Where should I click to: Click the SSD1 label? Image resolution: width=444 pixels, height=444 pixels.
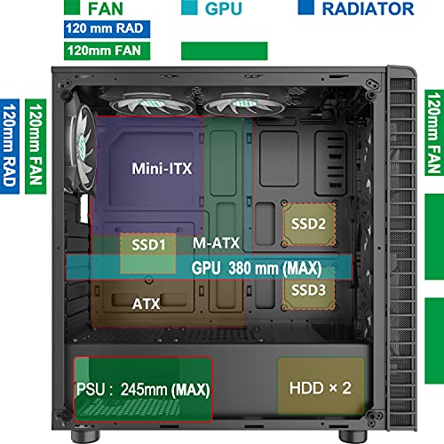pyautogui.click(x=148, y=245)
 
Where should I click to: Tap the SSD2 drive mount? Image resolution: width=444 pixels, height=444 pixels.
pyautogui.click(x=310, y=224)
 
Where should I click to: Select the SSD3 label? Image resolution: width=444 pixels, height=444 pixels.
pyautogui.click(x=308, y=290)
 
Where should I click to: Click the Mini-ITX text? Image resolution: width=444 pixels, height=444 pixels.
pyautogui.click(x=162, y=169)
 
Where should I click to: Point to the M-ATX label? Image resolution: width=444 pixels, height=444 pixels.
pyautogui.click(x=216, y=243)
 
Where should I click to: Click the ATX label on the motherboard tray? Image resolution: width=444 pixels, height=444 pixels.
pyautogui.click(x=147, y=304)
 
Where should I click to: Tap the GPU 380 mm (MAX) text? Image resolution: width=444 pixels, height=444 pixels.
pyautogui.click(x=257, y=268)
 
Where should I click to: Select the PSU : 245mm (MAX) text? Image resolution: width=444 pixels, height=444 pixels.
pyautogui.click(x=143, y=389)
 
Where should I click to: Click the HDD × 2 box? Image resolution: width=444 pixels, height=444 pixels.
pyautogui.click(x=321, y=386)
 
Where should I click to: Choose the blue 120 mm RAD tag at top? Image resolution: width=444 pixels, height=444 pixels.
pyautogui.click(x=107, y=28)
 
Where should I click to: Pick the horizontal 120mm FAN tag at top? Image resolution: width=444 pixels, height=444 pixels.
pyautogui.click(x=107, y=51)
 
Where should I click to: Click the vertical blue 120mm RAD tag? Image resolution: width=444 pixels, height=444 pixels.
pyautogui.click(x=10, y=147)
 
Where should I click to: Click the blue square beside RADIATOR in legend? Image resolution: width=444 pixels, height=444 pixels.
pyautogui.click(x=305, y=7)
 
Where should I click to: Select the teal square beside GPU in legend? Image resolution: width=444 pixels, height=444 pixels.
pyautogui.click(x=189, y=7)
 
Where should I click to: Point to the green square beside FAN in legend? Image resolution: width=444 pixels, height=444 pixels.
pyautogui.click(x=72, y=7)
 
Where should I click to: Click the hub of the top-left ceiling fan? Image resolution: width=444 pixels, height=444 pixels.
pyautogui.click(x=151, y=103)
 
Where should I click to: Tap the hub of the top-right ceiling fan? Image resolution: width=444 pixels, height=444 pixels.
pyautogui.click(x=242, y=103)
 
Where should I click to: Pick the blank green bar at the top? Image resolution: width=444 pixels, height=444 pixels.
pyautogui.click(x=225, y=51)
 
